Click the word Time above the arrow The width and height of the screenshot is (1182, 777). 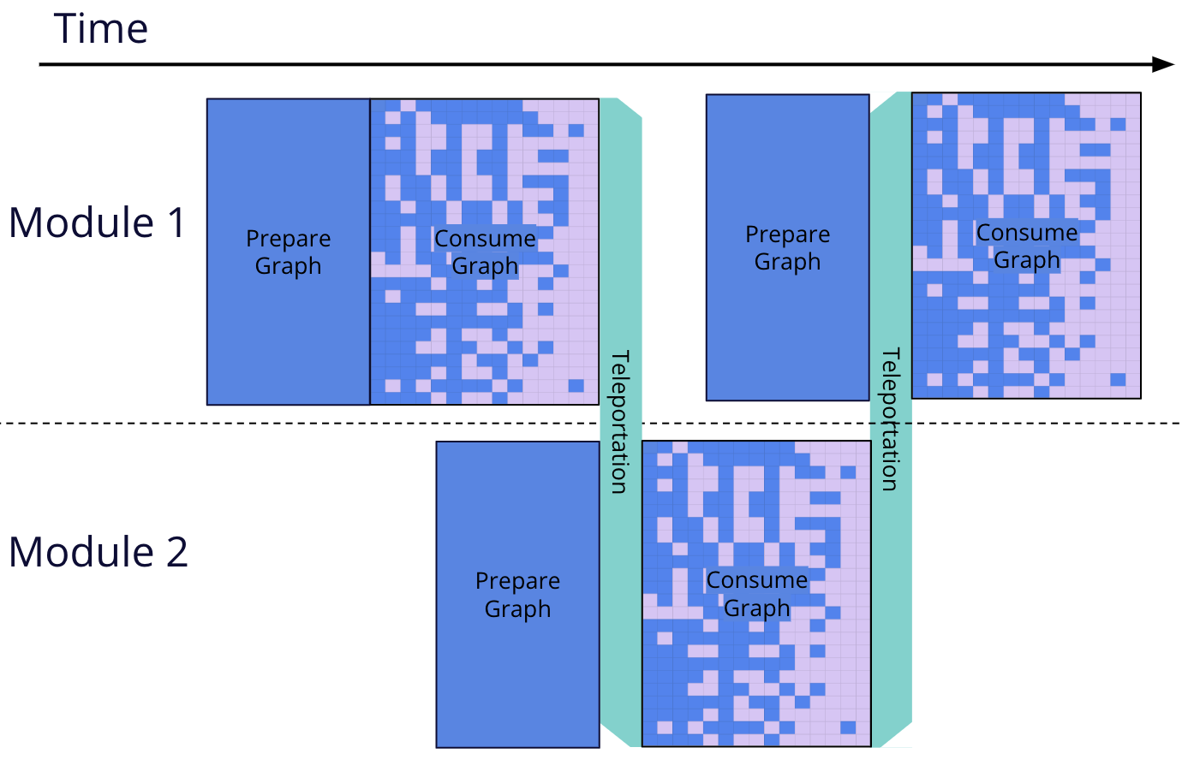point(101,29)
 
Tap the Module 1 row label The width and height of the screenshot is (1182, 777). point(97,222)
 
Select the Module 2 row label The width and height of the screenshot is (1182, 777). point(98,552)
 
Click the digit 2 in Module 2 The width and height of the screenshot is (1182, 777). point(176,552)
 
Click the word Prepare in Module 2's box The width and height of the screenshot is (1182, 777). point(517,581)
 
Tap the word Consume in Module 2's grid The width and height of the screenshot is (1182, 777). point(756,580)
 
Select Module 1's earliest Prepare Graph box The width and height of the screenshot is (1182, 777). point(288,325)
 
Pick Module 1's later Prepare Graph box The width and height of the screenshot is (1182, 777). point(787,325)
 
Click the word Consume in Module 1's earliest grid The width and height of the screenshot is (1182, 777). point(485,239)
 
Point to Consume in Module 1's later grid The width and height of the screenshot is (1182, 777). point(1027,233)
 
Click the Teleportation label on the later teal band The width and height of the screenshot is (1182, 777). point(891,418)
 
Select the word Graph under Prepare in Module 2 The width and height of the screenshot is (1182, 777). point(517,609)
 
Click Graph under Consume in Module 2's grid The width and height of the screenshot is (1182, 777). point(756,608)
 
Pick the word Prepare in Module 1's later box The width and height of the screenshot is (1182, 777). point(787,234)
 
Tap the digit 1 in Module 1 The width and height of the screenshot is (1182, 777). point(176,222)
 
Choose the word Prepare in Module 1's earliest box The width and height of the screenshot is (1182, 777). point(288,239)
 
